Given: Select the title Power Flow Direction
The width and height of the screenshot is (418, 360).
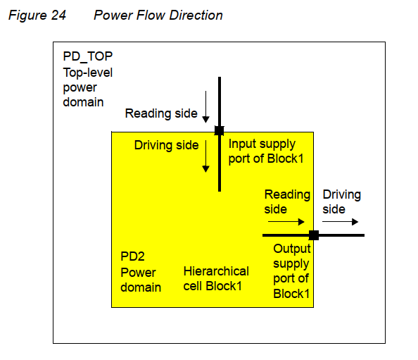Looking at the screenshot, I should [x=158, y=15].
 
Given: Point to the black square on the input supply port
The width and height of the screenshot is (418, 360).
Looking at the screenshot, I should [x=219, y=130].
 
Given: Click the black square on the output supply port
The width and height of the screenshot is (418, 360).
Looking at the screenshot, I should [x=313, y=235].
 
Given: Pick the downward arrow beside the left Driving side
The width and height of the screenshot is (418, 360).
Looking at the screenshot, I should [x=206, y=156].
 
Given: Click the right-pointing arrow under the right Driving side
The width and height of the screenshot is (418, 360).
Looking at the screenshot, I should [x=340, y=221].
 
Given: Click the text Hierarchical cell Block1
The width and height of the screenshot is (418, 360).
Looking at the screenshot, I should [x=216, y=278].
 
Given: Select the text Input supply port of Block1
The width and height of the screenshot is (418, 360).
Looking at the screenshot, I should [x=266, y=151].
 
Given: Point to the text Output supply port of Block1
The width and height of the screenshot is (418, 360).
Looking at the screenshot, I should [x=291, y=271].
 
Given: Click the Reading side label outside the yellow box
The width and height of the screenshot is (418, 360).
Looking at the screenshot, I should [x=158, y=113].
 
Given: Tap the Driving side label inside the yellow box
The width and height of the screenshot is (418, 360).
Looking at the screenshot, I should [x=166, y=145].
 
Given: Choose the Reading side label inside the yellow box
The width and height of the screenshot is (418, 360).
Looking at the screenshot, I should [x=286, y=201].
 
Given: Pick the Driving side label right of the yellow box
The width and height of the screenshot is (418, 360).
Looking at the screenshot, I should [x=341, y=201].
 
